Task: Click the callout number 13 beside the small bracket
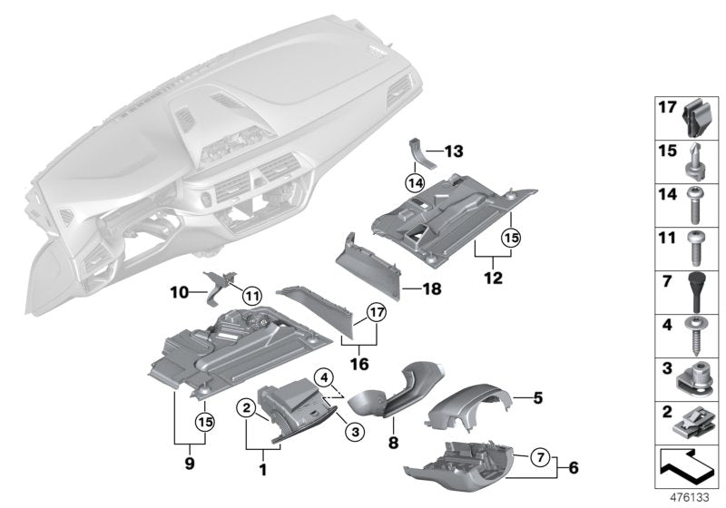coord(454,150)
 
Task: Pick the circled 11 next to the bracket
coord(251,293)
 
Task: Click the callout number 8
coord(392,445)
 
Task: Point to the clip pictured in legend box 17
coord(693,117)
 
